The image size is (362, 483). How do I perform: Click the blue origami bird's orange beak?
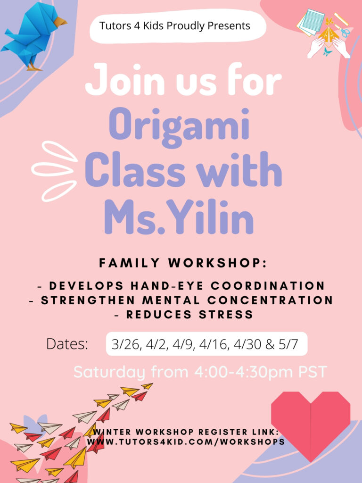tap(60, 22)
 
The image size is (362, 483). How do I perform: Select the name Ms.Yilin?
tap(179, 217)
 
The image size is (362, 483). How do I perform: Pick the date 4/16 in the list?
tap(214, 344)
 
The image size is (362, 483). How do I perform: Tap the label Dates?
tap(67, 344)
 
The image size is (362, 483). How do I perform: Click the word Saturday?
tap(109, 372)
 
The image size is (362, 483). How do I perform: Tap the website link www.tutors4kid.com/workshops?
tap(186, 441)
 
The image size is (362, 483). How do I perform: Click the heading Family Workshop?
tap(183, 263)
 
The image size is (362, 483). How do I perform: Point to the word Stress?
tap(226, 315)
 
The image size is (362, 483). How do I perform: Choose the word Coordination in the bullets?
tap(268, 286)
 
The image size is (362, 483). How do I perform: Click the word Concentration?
tap(270, 300)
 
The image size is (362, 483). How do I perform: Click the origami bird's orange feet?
tap(34, 67)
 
